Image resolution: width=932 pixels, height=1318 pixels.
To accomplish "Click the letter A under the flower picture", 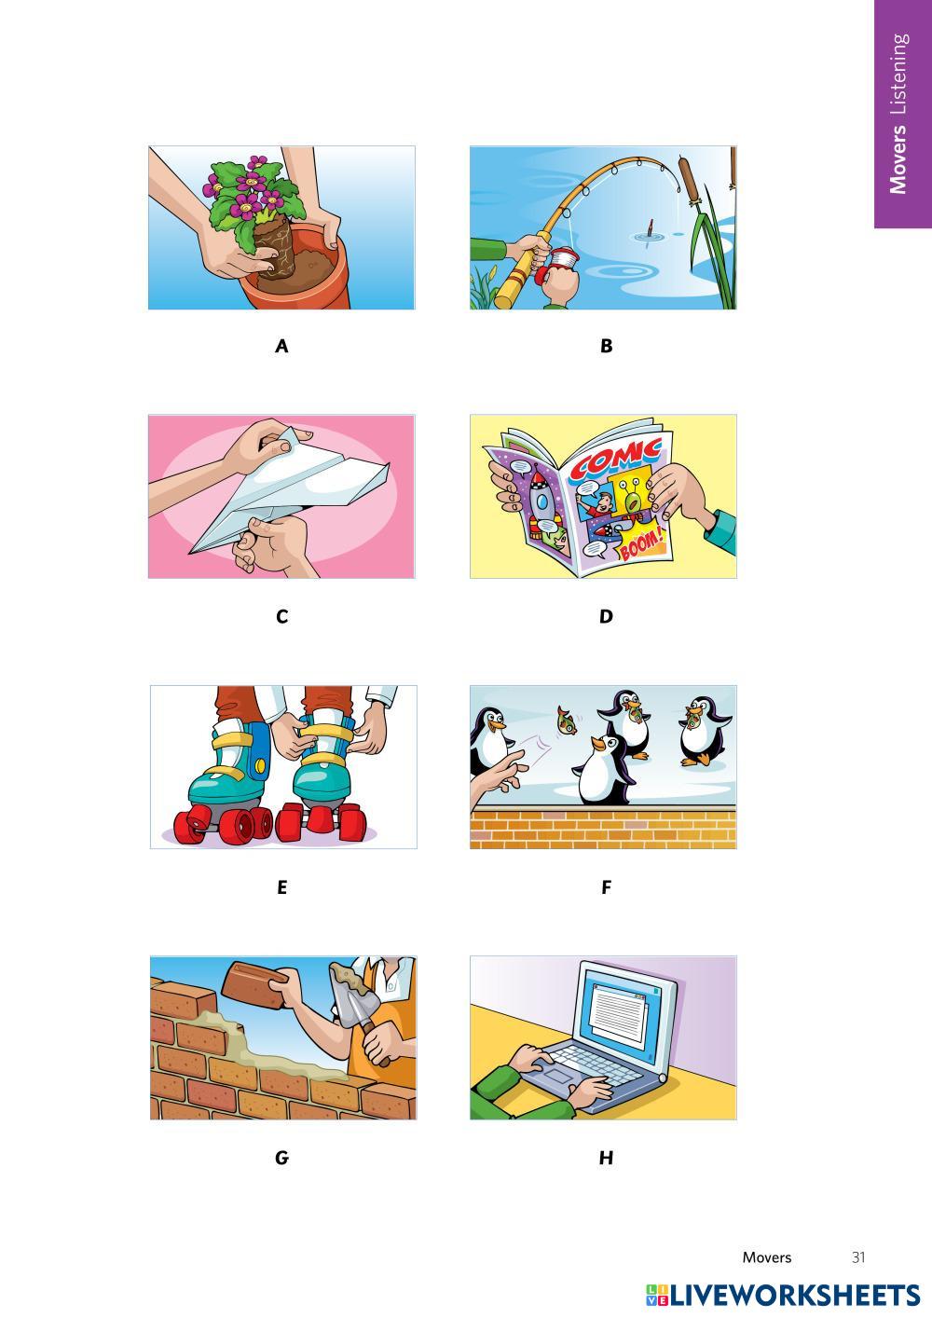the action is coord(281,346).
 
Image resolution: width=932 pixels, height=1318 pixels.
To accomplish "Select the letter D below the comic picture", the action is coord(606,617).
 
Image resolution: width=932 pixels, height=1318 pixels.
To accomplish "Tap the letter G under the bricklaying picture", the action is coord(281,1158).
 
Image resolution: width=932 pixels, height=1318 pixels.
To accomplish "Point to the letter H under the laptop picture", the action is coord(606,1158).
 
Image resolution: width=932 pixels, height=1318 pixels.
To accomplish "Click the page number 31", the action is coord(858,1257).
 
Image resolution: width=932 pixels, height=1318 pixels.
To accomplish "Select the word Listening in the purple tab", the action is coord(898,74).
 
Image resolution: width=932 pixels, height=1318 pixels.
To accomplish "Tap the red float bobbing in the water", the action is coord(650,229).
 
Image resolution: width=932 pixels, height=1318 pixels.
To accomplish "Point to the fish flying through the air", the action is coord(567,721).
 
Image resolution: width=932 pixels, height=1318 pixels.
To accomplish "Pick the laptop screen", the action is coord(623,1016).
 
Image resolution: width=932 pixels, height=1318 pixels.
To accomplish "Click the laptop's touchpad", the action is coord(559,1078).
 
